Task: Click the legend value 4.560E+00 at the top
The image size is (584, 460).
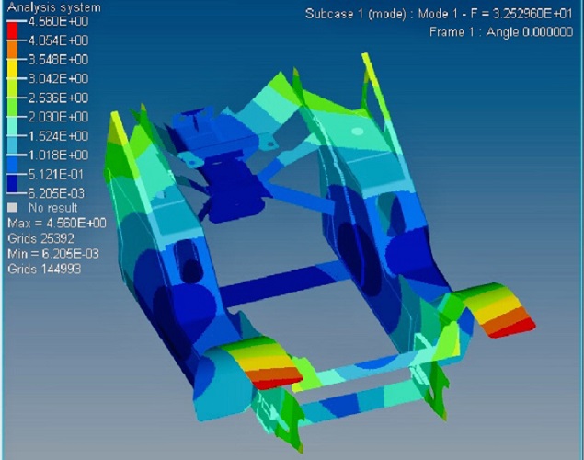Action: tap(58, 21)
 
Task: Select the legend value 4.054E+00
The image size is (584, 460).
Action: tap(58, 40)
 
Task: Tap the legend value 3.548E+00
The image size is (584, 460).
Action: tap(58, 60)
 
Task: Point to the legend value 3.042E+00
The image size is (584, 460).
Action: tap(58, 78)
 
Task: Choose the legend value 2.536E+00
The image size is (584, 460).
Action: tap(58, 98)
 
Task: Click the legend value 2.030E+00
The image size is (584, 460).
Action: tap(58, 117)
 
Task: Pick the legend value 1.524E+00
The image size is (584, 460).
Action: tap(58, 136)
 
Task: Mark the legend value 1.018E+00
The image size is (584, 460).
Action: tap(58, 155)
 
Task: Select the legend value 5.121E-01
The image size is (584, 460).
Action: tap(56, 174)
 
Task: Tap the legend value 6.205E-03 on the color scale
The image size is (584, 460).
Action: tap(56, 193)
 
